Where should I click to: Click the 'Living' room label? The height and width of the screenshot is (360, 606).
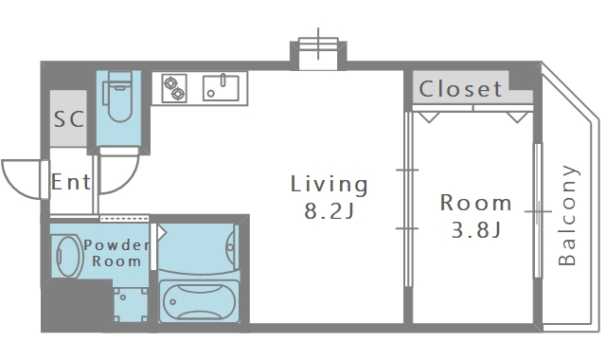(x=329, y=184)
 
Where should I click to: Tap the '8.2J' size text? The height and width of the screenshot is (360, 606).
(x=329, y=211)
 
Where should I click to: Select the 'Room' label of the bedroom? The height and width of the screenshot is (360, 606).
(x=475, y=203)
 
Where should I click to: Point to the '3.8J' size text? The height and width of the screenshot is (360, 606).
(x=475, y=229)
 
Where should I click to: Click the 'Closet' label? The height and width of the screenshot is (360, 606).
(x=460, y=89)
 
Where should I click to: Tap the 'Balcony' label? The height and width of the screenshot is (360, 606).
(x=567, y=215)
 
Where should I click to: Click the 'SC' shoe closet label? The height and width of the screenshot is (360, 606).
(x=69, y=118)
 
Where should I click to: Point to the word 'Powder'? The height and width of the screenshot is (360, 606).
(x=116, y=245)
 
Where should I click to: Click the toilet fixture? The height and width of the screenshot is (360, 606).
(x=118, y=97)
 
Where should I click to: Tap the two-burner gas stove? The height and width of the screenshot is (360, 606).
(x=174, y=88)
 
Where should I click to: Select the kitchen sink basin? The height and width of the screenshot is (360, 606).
(x=221, y=88)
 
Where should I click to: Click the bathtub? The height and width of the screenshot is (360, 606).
(x=199, y=300)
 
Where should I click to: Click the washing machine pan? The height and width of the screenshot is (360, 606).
(x=131, y=305)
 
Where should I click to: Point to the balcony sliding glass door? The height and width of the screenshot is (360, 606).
(x=538, y=210)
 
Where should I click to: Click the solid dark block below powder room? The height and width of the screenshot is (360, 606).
(x=78, y=305)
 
